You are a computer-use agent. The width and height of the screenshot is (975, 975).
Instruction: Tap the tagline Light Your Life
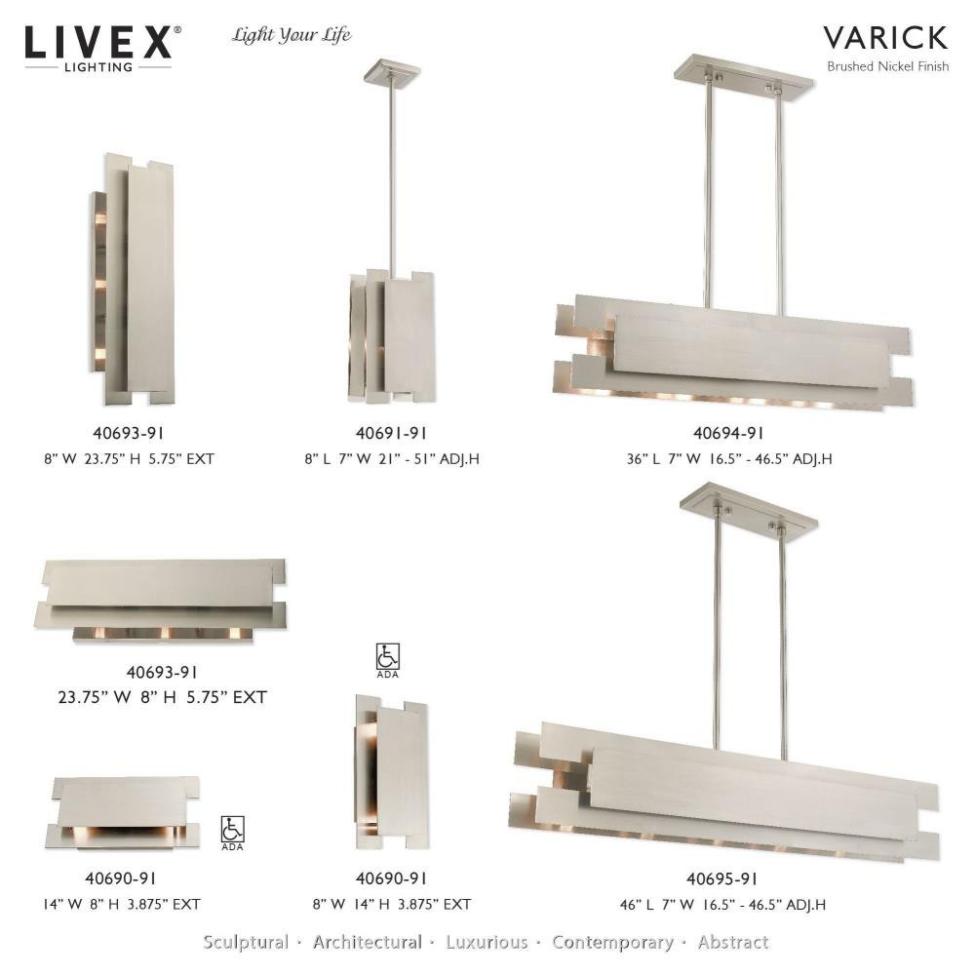tap(291, 35)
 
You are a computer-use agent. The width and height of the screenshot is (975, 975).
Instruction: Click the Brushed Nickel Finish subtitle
tap(887, 66)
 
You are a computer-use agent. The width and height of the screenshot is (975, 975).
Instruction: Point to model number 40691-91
tap(391, 434)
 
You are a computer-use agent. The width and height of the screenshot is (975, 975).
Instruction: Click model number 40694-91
tap(728, 434)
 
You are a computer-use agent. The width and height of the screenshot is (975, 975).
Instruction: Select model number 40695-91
tap(721, 878)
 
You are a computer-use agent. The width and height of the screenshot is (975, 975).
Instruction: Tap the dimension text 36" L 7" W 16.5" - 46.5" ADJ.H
tap(728, 459)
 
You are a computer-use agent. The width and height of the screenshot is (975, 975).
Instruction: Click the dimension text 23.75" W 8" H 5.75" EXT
tap(162, 697)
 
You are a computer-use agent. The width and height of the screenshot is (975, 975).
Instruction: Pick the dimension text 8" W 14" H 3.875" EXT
tap(392, 904)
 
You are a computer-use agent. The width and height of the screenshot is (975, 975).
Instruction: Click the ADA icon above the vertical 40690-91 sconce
tap(387, 660)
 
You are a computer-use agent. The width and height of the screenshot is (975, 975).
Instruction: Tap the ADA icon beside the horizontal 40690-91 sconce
tap(233, 834)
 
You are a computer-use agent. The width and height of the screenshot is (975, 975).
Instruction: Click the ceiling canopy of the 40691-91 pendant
tap(391, 70)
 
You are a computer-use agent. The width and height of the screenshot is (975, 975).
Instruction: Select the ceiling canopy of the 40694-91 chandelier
tap(743, 75)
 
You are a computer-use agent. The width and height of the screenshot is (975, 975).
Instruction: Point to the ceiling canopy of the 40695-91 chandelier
tap(749, 511)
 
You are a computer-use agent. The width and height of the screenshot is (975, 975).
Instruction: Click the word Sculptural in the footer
tap(246, 942)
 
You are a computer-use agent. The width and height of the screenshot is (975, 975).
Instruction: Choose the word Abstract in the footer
tap(733, 942)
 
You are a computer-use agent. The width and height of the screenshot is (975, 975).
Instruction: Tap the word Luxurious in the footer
tap(487, 942)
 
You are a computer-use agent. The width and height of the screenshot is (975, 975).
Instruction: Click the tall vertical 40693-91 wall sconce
tap(132, 279)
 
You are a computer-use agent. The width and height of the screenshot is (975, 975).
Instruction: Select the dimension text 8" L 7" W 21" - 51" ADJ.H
tap(392, 459)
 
